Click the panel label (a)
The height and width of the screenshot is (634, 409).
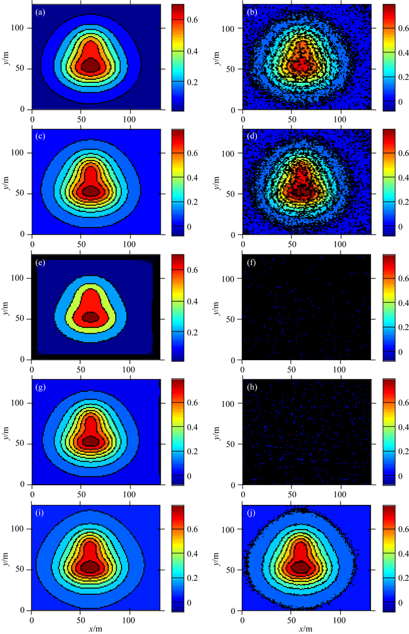pyautogui.click(x=40, y=12)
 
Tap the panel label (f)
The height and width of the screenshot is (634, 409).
pyautogui.click(x=251, y=263)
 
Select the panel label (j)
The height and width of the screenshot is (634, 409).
pyautogui.click(x=251, y=513)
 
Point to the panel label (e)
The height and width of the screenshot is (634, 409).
pyautogui.click(x=40, y=263)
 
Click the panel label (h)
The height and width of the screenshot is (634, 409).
pyautogui.click(x=251, y=388)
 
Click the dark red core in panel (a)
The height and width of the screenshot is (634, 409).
pyautogui.click(x=90, y=65)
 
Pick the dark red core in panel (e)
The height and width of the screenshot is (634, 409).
pyautogui.click(x=90, y=316)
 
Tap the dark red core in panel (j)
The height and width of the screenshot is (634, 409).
pyautogui.click(x=300, y=567)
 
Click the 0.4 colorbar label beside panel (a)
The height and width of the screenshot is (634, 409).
pyautogui.click(x=193, y=51)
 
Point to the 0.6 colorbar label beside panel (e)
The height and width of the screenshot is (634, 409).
pyautogui.click(x=193, y=270)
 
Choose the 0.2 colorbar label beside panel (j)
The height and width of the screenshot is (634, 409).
pyautogui.click(x=403, y=578)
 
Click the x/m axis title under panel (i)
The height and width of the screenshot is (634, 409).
pyautogui.click(x=96, y=629)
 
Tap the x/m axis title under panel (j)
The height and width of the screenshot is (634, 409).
pyautogui.click(x=306, y=629)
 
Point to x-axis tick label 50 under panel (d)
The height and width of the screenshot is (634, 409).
pyautogui.click(x=292, y=245)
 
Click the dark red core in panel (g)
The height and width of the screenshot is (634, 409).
pyautogui.click(x=90, y=441)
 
